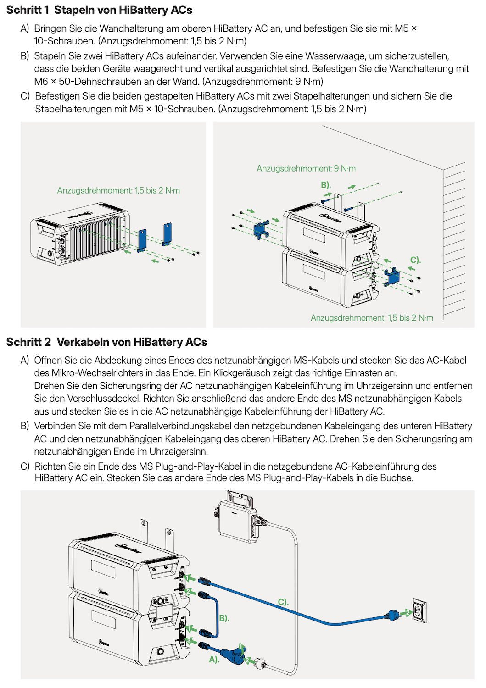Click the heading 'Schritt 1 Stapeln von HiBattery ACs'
point(99,10)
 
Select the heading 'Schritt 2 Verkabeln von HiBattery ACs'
point(106,342)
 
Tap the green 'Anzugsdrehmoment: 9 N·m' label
point(306,168)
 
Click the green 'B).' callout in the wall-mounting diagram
point(326,185)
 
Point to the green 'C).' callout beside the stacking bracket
point(415,260)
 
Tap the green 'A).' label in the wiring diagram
point(214,660)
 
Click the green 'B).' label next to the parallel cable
point(224,618)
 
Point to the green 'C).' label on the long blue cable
point(283,602)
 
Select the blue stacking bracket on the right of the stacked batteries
point(392,277)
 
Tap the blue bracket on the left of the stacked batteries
point(261,229)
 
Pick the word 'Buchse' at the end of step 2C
point(398,478)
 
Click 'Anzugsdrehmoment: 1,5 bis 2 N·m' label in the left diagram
point(118,190)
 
